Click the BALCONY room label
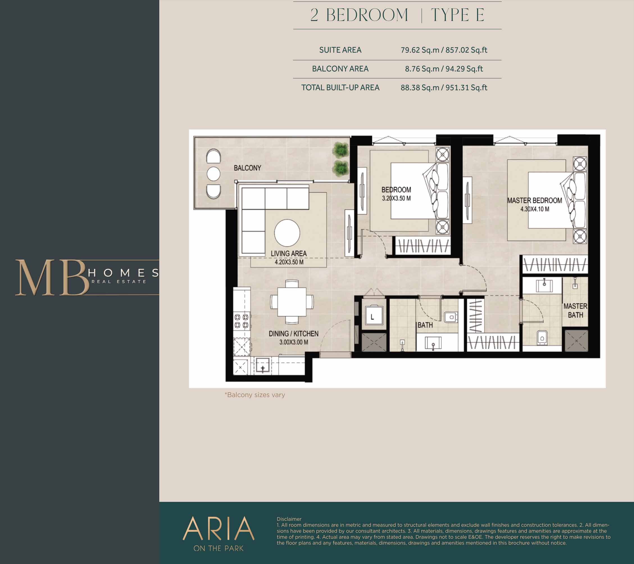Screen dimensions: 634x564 [x=247, y=168]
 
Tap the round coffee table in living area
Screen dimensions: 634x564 [x=287, y=233]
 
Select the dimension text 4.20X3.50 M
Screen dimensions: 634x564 [x=289, y=262]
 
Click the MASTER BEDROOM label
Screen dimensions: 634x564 [x=535, y=200]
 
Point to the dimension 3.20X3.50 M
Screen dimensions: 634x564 [x=396, y=198]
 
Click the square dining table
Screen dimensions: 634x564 [x=292, y=302]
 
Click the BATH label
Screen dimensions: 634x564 [x=425, y=325]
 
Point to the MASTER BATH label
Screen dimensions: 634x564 [x=575, y=310]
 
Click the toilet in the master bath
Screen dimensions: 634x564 [x=542, y=337]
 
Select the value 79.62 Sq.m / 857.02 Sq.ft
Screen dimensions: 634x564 [x=444, y=50]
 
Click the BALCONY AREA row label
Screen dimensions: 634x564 [x=340, y=69]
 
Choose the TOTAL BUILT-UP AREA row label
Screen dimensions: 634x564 [x=340, y=88]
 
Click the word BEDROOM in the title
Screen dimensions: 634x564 [x=367, y=15]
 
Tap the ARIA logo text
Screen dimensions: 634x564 [x=218, y=528]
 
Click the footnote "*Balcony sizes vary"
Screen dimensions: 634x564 [x=255, y=395]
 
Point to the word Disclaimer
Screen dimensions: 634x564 [x=289, y=519]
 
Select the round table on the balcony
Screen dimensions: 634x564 [x=213, y=174]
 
